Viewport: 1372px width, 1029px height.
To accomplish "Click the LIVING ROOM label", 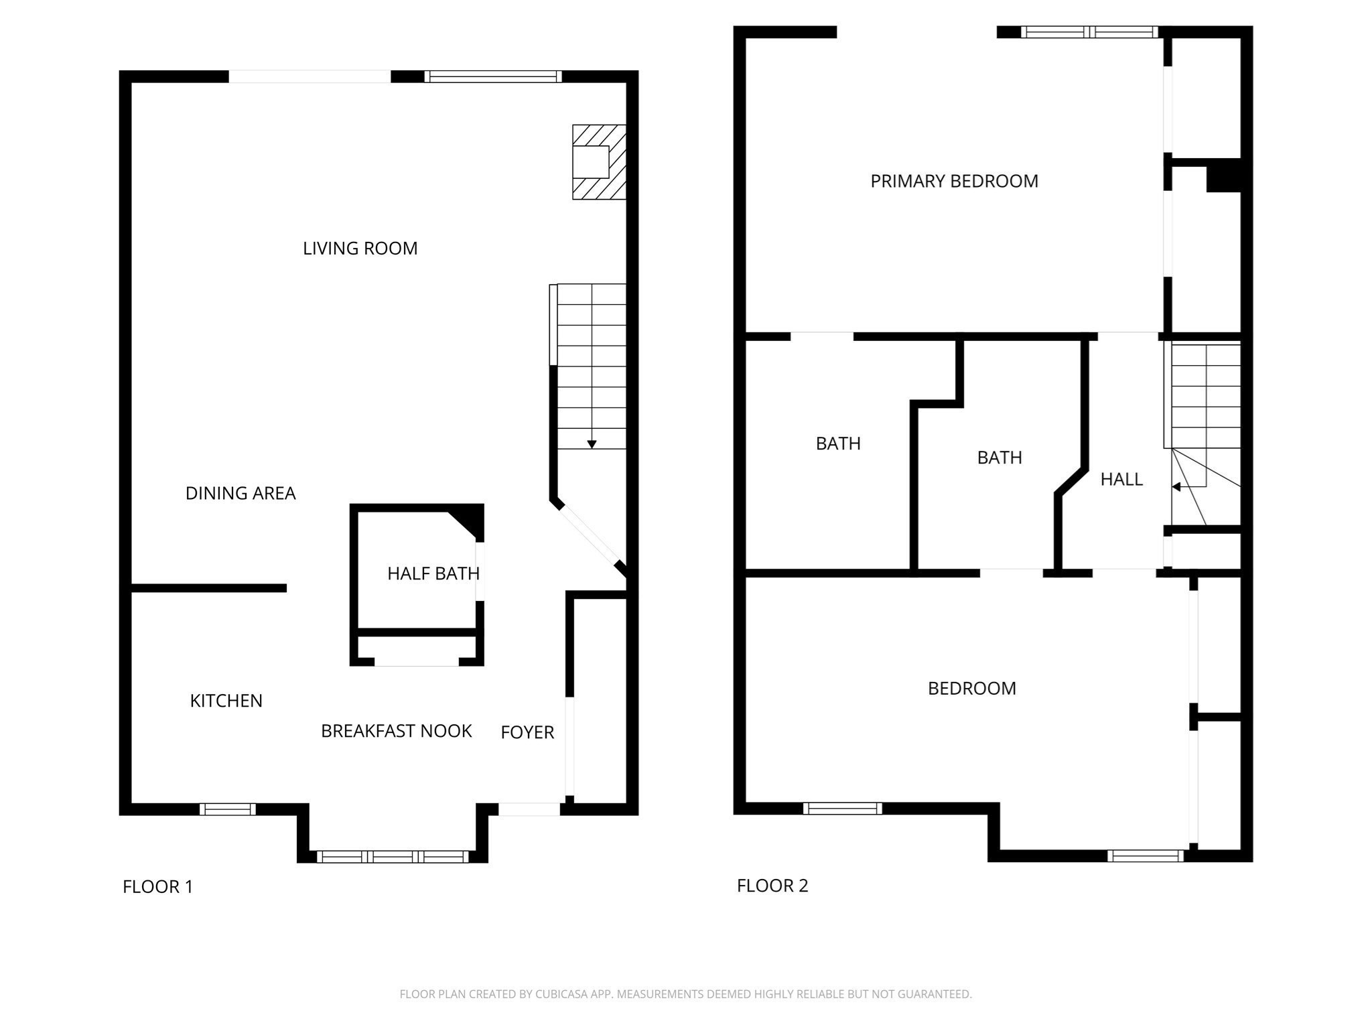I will [360, 249].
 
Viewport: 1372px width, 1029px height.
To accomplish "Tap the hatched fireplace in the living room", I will [598, 161].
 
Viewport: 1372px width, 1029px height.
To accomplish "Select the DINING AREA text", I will [240, 493].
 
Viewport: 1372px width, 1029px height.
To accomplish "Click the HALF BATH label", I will [433, 573].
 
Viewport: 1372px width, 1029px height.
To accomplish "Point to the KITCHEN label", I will [226, 701].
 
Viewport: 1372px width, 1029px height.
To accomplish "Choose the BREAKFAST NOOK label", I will [396, 731].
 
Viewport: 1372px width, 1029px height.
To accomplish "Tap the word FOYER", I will [527, 732].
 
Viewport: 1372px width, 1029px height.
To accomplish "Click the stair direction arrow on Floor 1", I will [592, 443].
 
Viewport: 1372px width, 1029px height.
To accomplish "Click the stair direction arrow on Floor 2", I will [1176, 487].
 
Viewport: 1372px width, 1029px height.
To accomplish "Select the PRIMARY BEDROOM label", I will [954, 181].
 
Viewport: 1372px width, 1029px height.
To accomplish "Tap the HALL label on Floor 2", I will [1121, 479].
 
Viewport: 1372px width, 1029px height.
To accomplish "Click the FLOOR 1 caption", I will [157, 886].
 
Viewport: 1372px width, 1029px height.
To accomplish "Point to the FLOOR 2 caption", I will [772, 886].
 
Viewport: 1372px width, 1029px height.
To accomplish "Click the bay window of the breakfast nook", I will [393, 856].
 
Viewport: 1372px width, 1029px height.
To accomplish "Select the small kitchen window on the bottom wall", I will [227, 809].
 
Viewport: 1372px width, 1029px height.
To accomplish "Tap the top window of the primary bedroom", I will [1089, 31].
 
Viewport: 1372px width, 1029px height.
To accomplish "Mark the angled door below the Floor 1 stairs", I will [590, 536].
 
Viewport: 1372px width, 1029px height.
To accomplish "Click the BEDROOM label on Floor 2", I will [971, 688].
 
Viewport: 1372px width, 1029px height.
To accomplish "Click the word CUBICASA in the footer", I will [561, 994].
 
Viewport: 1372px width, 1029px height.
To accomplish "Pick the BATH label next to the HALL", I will [999, 458].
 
